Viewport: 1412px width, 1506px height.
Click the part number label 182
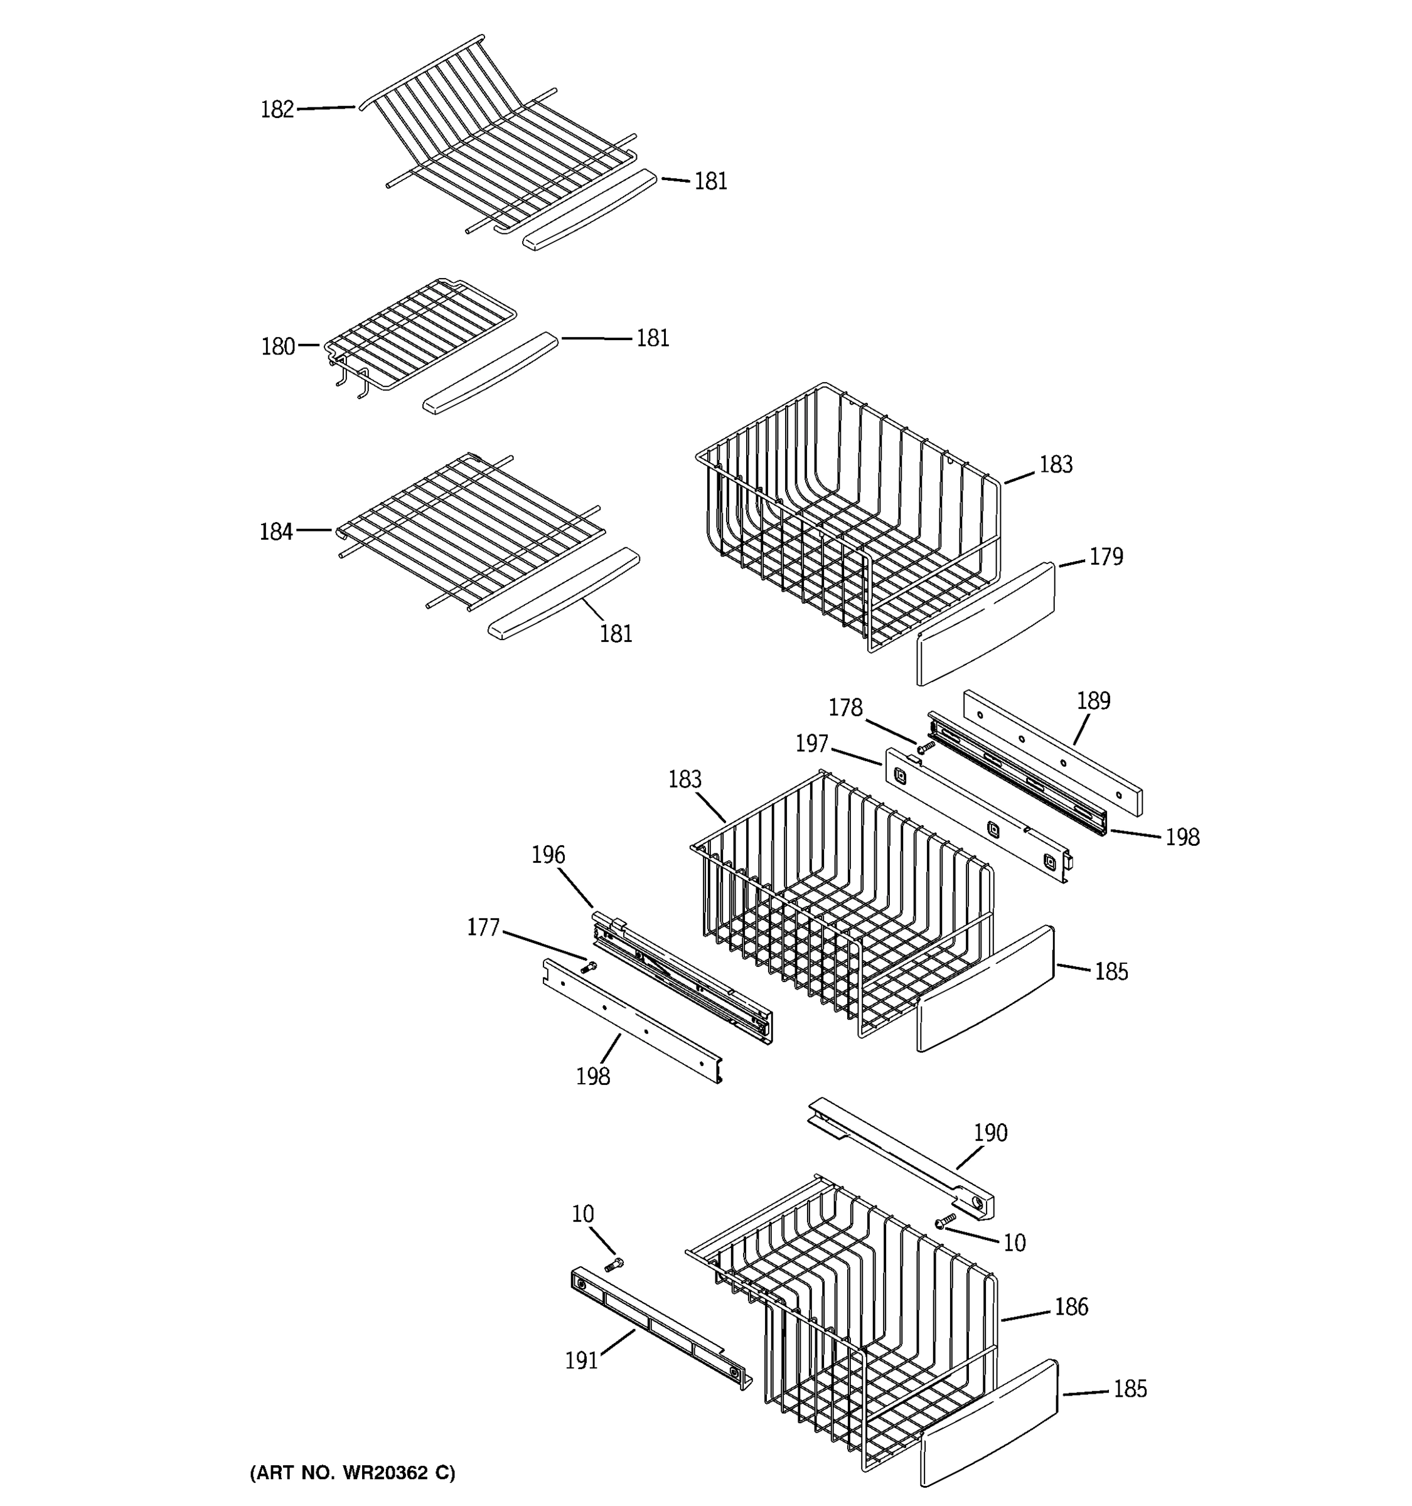[x=277, y=110]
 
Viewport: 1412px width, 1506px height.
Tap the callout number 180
[x=277, y=347]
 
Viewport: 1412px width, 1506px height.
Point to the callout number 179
[x=1105, y=557]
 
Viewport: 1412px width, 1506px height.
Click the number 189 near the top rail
[x=1093, y=701]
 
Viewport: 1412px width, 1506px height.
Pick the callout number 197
[x=811, y=744]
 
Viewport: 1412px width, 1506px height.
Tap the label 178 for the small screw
[x=845, y=708]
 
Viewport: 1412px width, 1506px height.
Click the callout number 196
[x=548, y=855]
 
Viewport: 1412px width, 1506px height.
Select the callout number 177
[x=483, y=927]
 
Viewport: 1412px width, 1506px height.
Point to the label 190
[x=990, y=1133]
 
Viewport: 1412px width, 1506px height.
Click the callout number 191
[x=582, y=1360]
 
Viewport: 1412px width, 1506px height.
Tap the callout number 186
[x=1071, y=1306]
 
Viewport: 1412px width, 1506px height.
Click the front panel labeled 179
[x=985, y=624]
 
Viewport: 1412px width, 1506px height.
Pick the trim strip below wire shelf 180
[x=490, y=373]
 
